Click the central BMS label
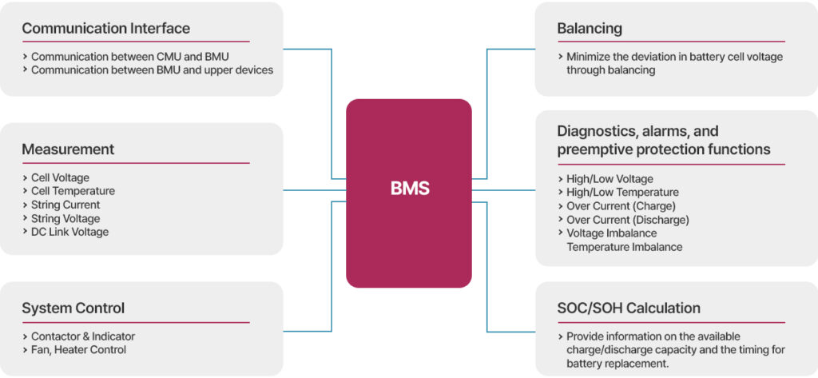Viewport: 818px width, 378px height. click(409, 189)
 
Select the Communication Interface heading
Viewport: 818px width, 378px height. click(105, 29)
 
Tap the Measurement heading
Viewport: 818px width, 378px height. click(68, 149)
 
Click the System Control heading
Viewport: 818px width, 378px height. click(73, 308)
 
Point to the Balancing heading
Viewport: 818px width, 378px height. click(589, 29)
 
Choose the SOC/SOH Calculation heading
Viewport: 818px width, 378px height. click(629, 308)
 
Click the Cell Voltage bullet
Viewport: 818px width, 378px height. click(60, 177)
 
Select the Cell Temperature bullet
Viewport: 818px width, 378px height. click(73, 191)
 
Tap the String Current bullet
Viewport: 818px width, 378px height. click(66, 205)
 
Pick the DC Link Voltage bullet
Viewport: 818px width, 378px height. click(69, 232)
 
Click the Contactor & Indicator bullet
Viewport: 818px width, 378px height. click(83, 336)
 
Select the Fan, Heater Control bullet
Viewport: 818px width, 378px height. click(78, 350)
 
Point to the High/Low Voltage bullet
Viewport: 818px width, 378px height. click(610, 179)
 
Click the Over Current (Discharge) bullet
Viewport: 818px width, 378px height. click(627, 220)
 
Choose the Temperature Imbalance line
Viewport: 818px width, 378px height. click(624, 247)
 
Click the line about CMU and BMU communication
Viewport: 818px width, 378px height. click(129, 57)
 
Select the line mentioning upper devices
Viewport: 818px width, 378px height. click(152, 70)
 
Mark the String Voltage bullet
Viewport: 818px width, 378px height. click(66, 218)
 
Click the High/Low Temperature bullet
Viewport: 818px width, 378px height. click(622, 193)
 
